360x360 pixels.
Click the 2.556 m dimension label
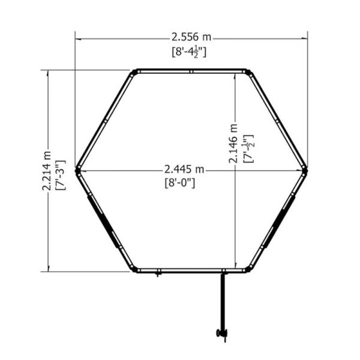[191, 37]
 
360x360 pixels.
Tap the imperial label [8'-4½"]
[189, 52]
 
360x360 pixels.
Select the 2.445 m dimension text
[184, 169]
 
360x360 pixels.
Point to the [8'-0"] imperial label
[180, 183]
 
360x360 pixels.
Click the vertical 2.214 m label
[47, 171]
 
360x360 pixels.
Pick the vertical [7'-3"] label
[61, 175]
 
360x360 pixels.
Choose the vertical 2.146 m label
[233, 143]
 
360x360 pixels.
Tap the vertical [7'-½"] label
[248, 149]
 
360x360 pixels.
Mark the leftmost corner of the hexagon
[76, 170]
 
